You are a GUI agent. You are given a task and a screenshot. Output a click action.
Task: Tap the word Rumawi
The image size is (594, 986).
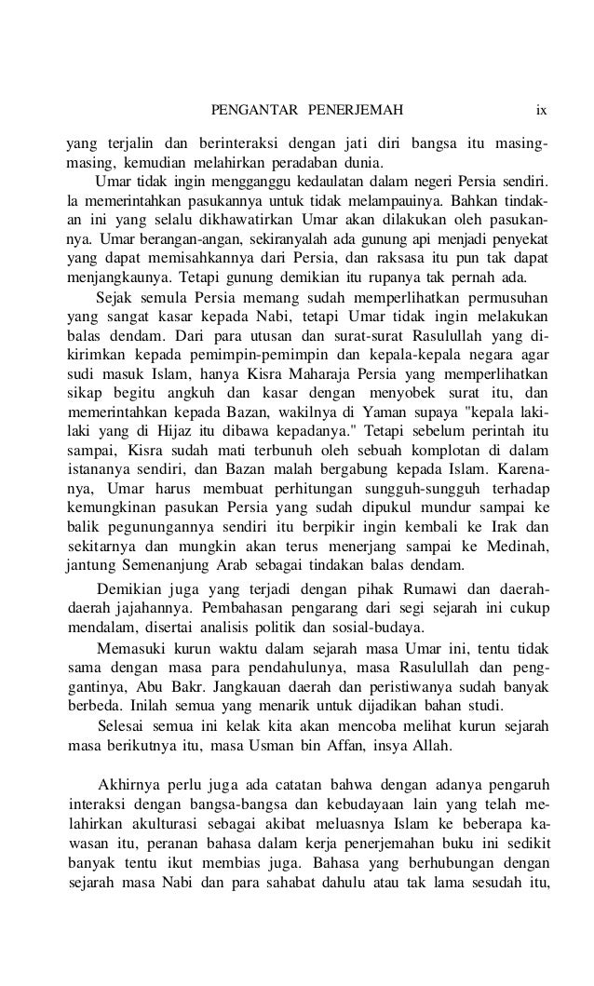pos(431,593)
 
